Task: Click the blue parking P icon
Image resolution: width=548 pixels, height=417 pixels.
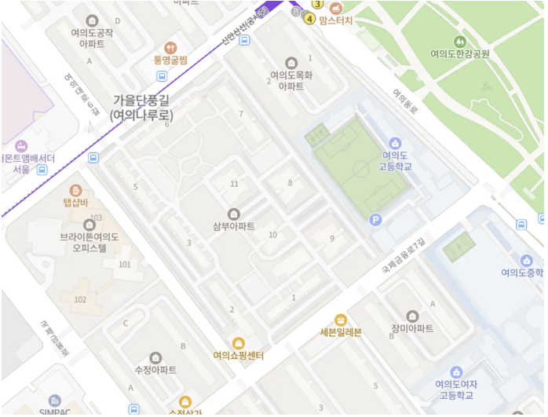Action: pos(376,221)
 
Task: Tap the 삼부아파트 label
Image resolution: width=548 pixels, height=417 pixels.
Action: pos(233,227)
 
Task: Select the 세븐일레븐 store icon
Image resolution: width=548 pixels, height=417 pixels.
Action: pos(341,320)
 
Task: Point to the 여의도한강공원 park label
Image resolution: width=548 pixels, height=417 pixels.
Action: pos(460,54)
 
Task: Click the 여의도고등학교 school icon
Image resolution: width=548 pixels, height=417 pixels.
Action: pos(395,143)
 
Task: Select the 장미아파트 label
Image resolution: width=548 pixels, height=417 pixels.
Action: pos(412,328)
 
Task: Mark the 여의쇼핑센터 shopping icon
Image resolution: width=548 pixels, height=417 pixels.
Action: pos(238,343)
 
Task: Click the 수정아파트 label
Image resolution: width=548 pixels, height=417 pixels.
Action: pos(155,370)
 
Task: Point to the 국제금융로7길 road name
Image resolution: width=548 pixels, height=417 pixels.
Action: pos(402,255)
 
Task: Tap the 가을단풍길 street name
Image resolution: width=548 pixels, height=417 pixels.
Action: pos(141,100)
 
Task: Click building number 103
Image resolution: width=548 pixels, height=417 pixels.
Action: pos(97,218)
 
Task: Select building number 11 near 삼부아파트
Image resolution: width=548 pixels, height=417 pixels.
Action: pos(234,184)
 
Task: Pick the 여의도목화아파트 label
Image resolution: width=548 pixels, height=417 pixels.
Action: pos(291,81)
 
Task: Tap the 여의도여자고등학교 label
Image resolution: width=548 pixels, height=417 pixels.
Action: pos(457,390)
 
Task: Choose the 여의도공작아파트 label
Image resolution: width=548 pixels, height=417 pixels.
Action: pos(93,38)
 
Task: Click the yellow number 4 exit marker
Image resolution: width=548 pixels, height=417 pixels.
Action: pos(309,19)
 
